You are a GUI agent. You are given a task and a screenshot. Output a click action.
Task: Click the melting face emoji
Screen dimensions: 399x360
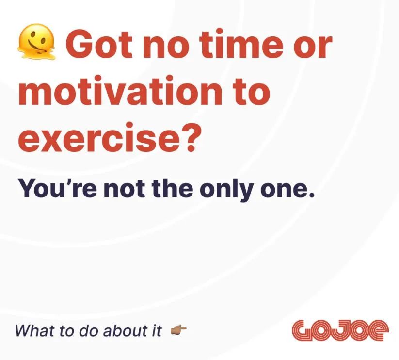pyautogui.click(x=36, y=42)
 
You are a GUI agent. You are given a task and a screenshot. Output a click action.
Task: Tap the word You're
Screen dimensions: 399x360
pyautogui.click(x=58, y=189)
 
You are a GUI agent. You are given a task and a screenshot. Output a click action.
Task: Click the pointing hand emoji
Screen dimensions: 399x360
pyautogui.click(x=178, y=330)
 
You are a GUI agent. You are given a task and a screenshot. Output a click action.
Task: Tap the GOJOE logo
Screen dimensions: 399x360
pyautogui.click(x=340, y=330)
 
